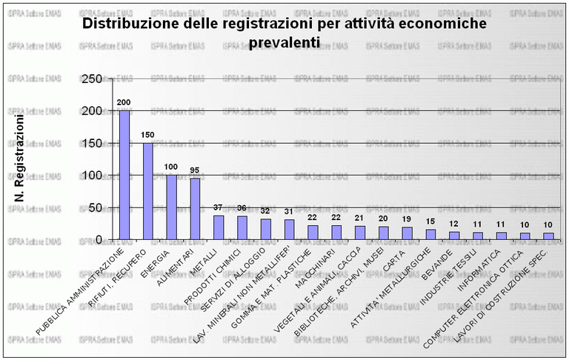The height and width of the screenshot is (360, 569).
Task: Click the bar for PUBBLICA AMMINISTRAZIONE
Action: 125,176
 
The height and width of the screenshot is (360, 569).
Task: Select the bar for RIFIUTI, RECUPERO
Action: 148,191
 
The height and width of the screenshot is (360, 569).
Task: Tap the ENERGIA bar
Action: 171,207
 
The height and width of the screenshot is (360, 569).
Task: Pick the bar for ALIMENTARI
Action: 195,209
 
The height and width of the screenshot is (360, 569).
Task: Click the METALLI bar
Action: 219,227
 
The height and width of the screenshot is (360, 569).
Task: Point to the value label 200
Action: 124,101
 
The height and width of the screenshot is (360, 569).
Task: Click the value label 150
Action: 147,135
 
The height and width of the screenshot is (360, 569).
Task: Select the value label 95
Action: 194,170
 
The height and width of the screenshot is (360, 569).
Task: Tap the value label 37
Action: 218,207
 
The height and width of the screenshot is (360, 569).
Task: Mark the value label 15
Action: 430,221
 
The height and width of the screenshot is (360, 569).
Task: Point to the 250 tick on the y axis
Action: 93,79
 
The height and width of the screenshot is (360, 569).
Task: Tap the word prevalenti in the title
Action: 284,43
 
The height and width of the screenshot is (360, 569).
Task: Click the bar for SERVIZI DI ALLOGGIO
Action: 265,229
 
